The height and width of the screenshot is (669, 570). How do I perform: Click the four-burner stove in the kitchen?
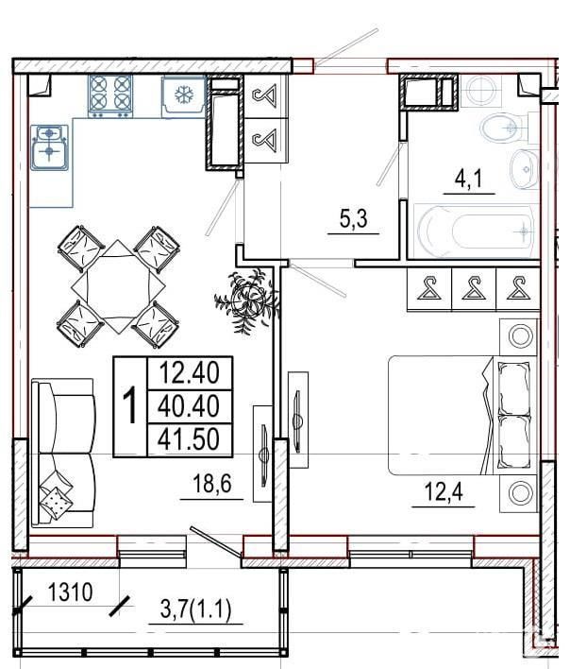point(110,96)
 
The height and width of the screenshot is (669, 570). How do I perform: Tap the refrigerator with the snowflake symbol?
point(184,95)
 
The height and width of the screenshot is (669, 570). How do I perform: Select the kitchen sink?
point(49,147)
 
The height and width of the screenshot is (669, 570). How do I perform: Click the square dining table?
point(118,286)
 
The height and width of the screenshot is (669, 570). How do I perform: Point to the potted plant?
point(247,299)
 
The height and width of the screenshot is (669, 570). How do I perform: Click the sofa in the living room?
point(63,453)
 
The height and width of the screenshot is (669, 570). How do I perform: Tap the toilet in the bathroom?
point(506,128)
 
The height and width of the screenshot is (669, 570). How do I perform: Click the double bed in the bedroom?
point(462,415)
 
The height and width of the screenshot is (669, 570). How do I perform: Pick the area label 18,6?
point(211,484)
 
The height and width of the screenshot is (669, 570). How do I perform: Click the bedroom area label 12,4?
point(443,492)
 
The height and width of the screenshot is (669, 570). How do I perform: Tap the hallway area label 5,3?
point(353,219)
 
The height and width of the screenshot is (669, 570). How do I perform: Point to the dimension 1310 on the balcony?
point(70,592)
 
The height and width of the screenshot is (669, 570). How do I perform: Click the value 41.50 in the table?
point(189,439)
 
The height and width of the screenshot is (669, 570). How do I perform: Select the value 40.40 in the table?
point(189,405)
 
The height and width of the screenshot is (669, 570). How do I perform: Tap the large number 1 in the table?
point(129,405)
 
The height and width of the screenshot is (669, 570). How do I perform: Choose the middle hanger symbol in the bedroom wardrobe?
point(474,288)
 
